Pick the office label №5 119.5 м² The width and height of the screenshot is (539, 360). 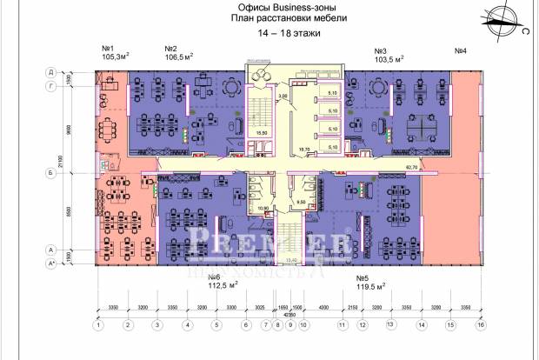tap(371, 283)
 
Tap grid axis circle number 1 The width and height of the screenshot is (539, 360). tap(99, 325)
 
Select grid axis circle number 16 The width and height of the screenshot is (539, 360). tap(478, 325)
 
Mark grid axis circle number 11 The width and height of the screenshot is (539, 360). tap(343, 325)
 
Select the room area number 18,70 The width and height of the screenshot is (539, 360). tap(303, 150)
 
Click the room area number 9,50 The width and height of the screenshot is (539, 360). tap(301, 202)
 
